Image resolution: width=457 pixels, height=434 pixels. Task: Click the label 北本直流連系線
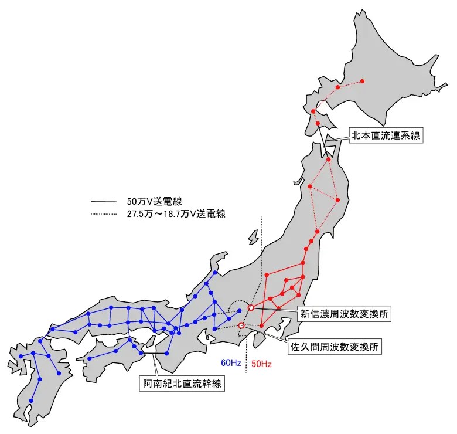[x=386, y=135]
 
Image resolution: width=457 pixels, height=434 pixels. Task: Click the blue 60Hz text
[x=231, y=363]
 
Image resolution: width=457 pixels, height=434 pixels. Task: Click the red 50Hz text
[x=261, y=364]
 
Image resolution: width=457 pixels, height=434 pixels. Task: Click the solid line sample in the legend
[x=105, y=202]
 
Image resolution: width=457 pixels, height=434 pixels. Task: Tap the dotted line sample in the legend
[x=105, y=214]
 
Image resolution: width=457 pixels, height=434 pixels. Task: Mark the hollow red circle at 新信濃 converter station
[x=251, y=307]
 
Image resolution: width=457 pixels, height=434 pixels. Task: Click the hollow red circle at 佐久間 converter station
[x=241, y=325]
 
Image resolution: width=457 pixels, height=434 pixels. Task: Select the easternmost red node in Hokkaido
[x=362, y=80]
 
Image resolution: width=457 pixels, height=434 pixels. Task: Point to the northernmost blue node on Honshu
[x=216, y=273]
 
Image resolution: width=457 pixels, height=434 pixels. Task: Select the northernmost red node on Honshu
[x=329, y=159]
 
